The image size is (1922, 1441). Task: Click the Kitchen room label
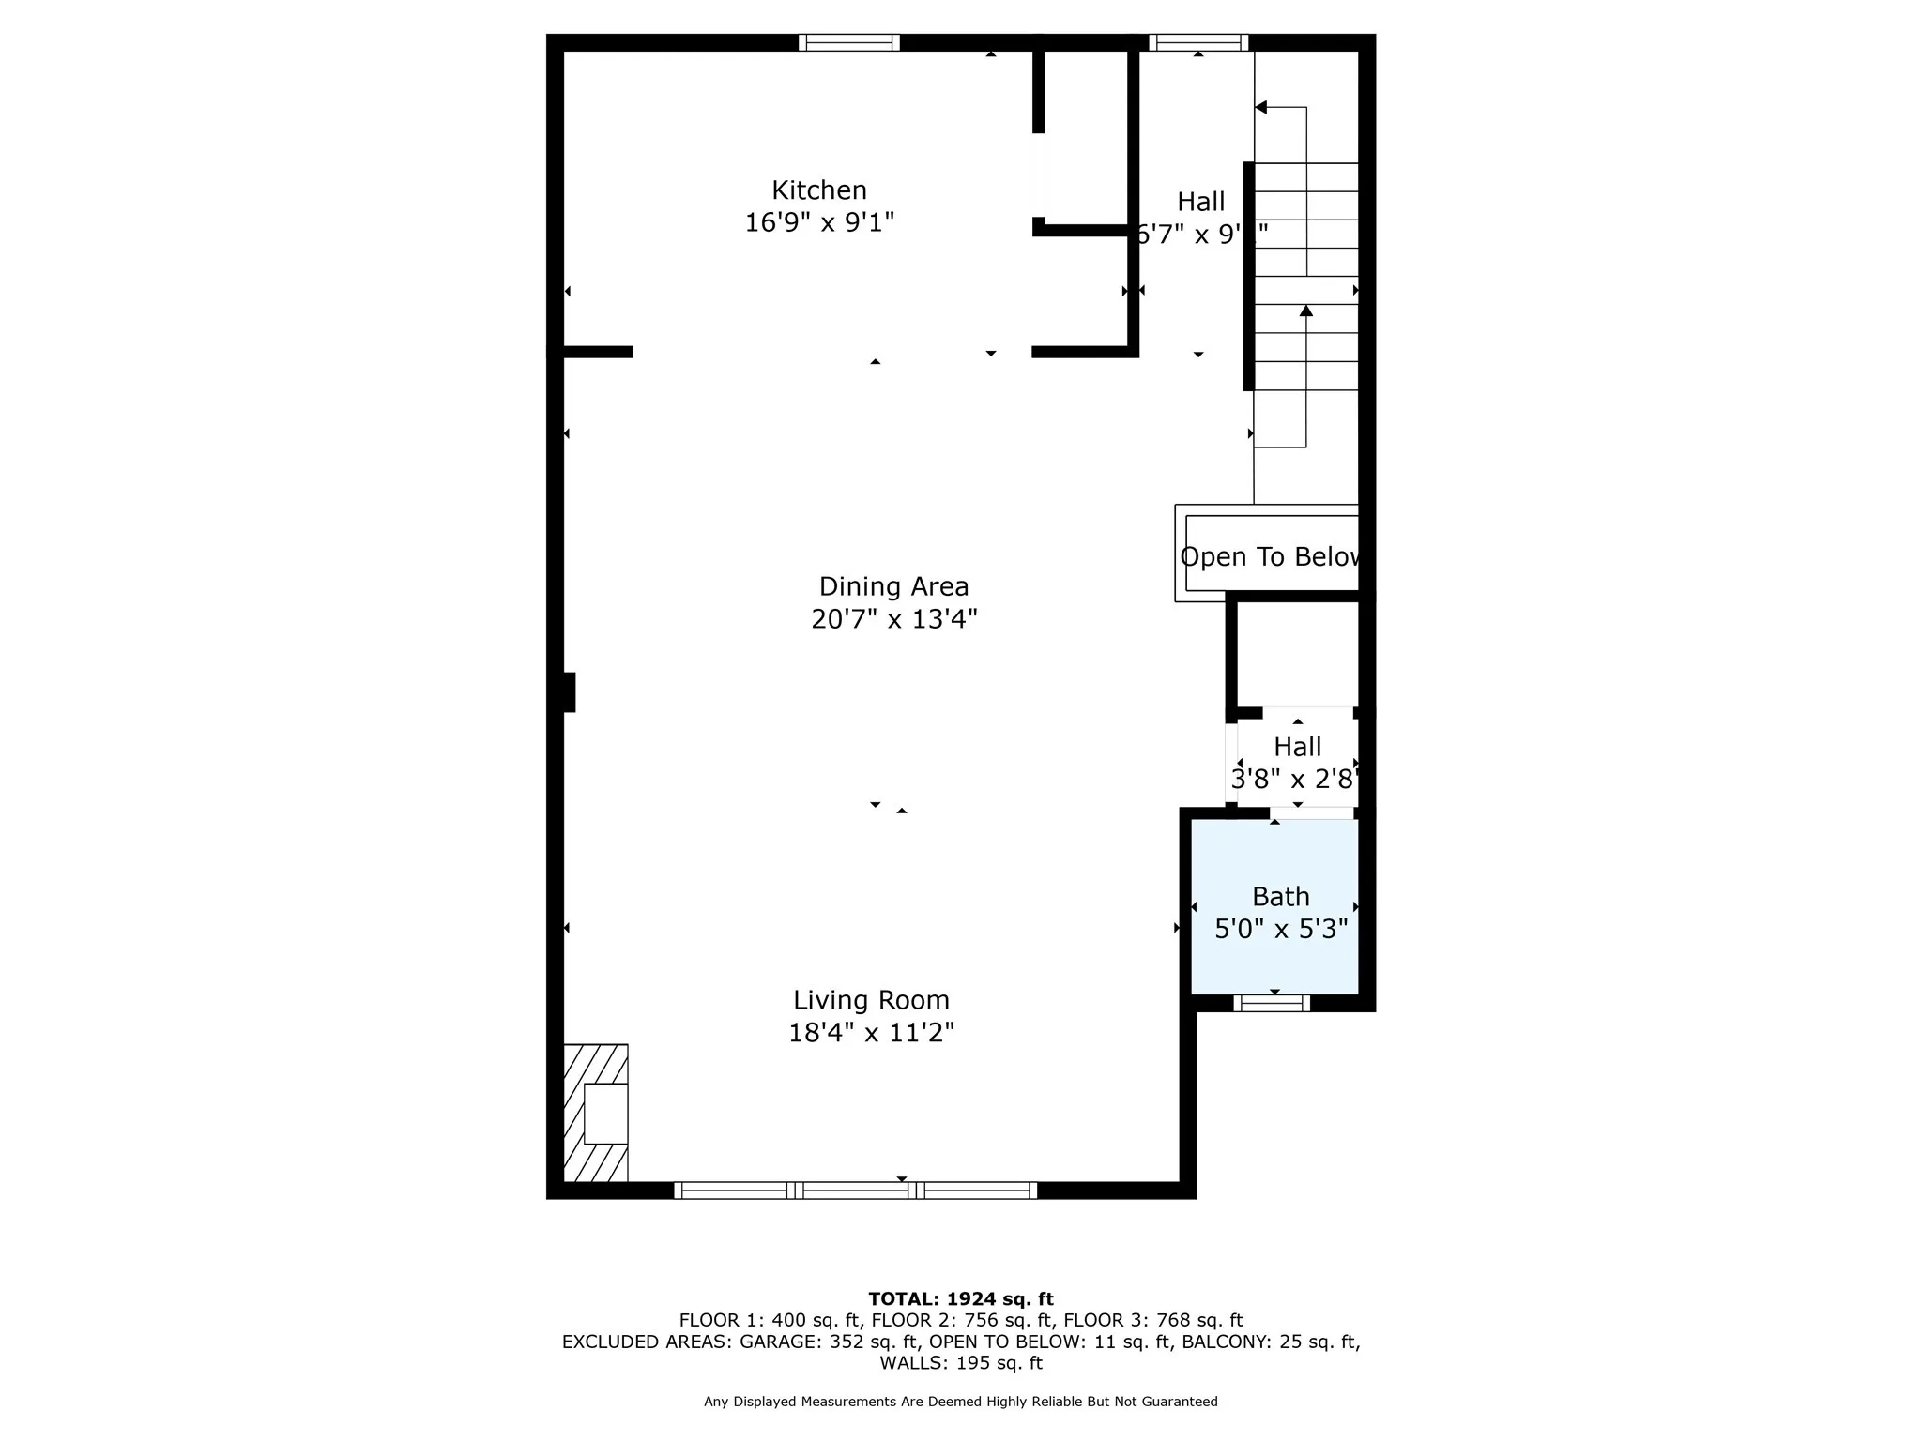coord(818,190)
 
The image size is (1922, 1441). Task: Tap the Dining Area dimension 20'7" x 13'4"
coord(893,619)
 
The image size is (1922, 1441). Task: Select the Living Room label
coord(871,1000)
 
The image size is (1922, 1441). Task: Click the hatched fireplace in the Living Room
coord(596,1113)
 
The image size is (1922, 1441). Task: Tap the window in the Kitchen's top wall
coord(848,42)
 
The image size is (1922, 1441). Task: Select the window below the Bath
coord(1271,1003)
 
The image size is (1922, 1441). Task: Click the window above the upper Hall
coord(1198,42)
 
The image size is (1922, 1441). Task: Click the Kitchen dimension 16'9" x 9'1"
coord(818,223)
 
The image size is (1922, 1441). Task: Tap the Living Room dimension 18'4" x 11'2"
coord(871,1033)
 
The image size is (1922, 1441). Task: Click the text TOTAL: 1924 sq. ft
coord(960,1299)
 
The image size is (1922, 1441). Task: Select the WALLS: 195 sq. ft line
coord(960,1363)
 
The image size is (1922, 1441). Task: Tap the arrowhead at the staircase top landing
coord(1261,108)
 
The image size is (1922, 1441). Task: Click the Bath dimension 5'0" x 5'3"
coord(1280,930)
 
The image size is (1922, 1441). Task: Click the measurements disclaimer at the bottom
coord(960,1402)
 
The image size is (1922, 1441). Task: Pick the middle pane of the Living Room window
coord(855,1191)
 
